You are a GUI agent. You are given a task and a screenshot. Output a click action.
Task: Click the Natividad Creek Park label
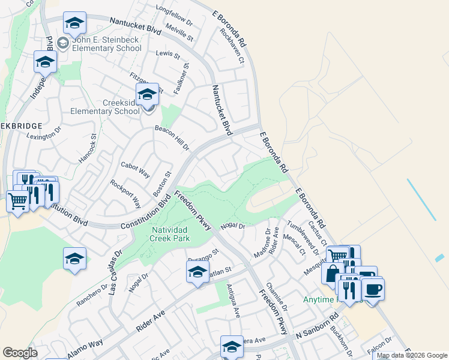(163, 234)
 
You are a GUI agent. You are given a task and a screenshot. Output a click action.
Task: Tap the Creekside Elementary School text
(105, 107)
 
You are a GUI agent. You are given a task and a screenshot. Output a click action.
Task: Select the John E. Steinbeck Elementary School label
(106, 44)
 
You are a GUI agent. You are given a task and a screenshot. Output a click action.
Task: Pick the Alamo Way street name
(85, 349)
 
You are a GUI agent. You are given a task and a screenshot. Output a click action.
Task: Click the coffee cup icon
(373, 290)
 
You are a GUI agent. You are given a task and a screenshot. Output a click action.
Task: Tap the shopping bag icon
(332, 273)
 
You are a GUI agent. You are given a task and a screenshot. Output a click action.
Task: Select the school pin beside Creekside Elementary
(147, 94)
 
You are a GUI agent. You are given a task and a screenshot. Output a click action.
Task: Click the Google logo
(20, 353)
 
